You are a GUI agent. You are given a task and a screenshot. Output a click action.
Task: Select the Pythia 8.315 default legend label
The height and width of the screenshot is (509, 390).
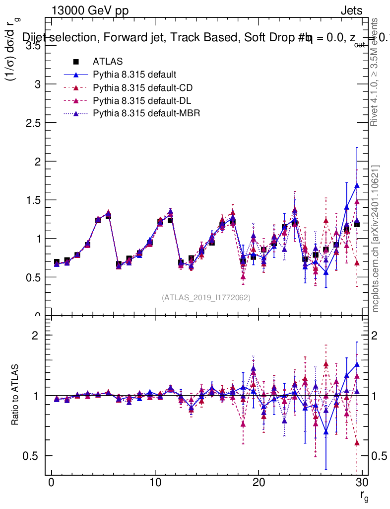(134, 75)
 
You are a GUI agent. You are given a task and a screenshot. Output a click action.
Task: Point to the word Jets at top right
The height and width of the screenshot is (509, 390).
(351, 10)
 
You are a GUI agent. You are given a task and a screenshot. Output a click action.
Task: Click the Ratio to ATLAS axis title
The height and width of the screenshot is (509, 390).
(16, 395)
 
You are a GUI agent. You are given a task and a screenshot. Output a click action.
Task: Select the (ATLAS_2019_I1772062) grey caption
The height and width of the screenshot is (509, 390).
(206, 297)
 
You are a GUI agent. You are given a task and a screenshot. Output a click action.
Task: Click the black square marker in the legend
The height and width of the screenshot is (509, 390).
(76, 62)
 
